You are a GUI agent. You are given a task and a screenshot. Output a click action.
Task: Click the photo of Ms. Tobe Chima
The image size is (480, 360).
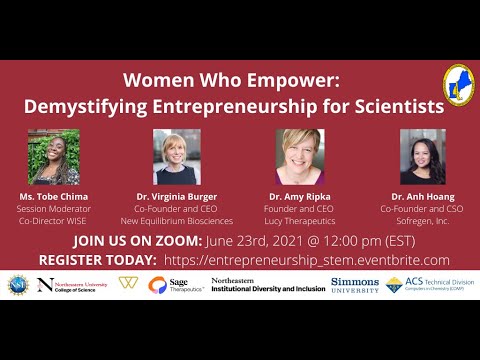click(x=53, y=157)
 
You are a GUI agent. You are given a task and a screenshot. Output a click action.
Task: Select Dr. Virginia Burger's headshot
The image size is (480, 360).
click(x=176, y=157)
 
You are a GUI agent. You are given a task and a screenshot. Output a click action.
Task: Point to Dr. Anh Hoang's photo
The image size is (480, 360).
click(x=422, y=157)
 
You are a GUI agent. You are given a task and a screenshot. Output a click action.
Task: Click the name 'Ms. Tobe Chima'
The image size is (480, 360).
click(x=53, y=196)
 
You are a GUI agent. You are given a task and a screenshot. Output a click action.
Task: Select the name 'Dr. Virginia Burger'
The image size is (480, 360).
click(x=176, y=196)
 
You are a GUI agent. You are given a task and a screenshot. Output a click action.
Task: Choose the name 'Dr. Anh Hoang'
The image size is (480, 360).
click(x=422, y=196)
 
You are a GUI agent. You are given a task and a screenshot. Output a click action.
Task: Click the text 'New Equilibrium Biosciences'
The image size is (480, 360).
click(x=176, y=220)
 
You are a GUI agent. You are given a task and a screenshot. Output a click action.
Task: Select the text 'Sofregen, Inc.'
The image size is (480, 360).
click(x=422, y=220)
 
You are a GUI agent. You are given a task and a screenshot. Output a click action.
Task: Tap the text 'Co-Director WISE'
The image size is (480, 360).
click(x=53, y=220)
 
